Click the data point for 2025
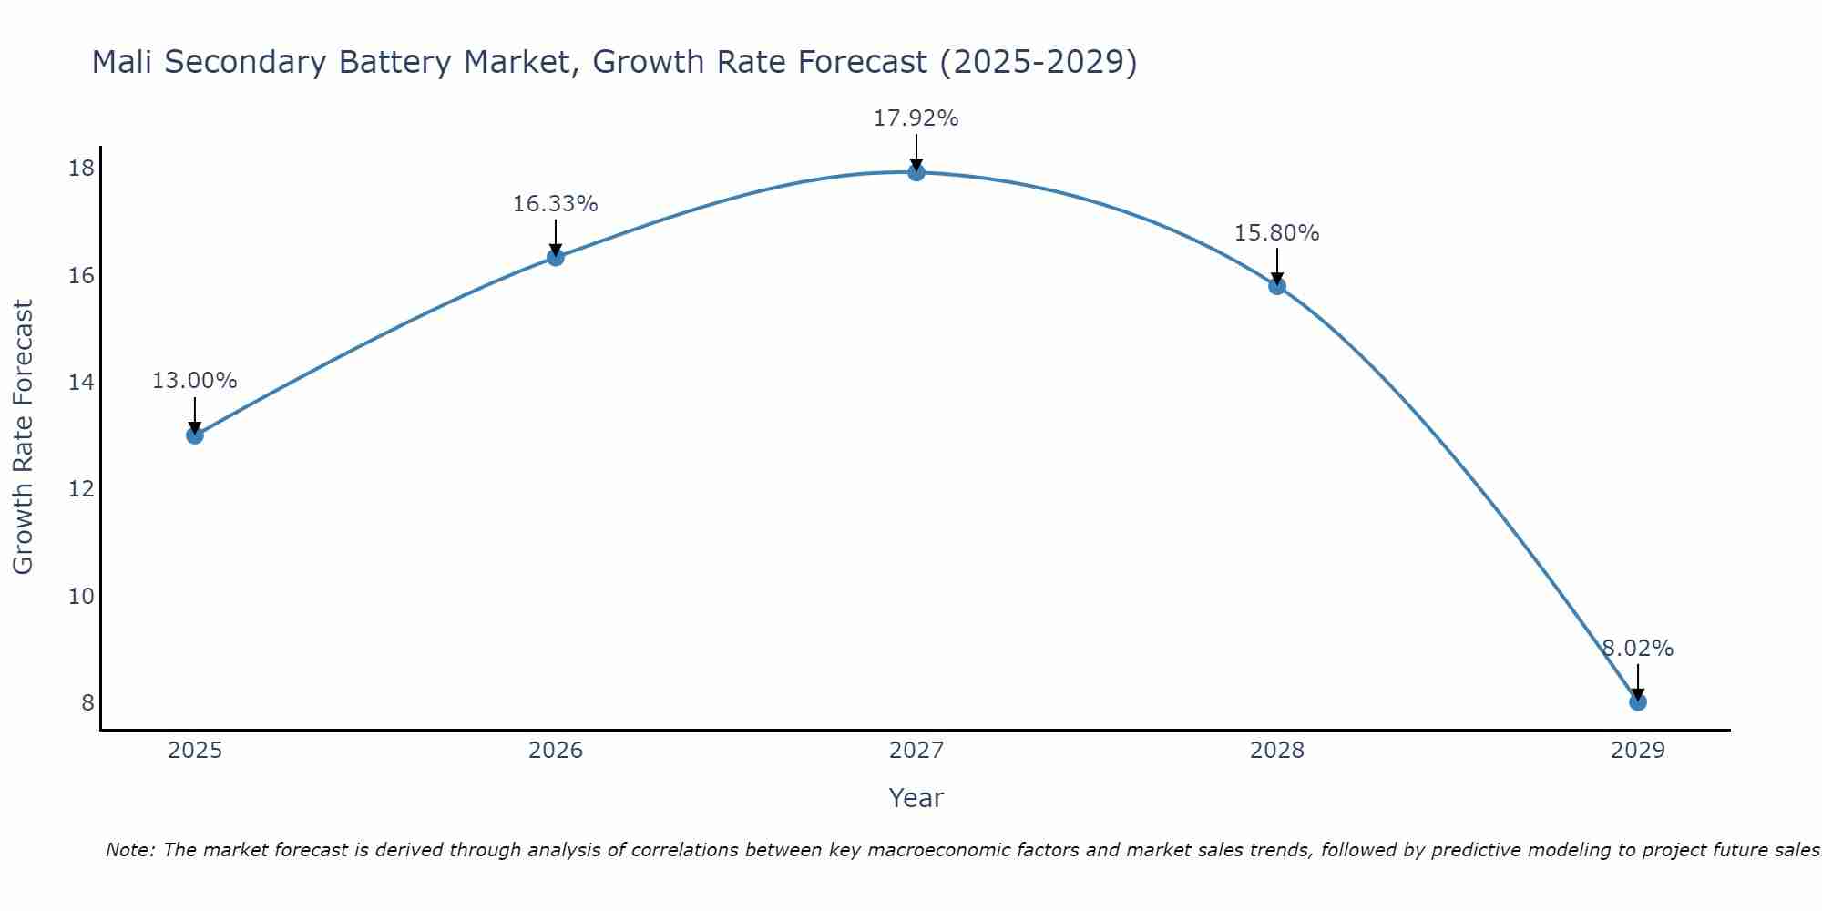coord(194,435)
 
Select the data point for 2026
coord(556,257)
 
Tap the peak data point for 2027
coord(916,172)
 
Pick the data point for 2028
coord(1277,286)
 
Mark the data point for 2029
coord(1637,701)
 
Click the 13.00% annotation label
coord(194,381)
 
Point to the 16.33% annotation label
coord(556,204)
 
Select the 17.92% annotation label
coord(916,118)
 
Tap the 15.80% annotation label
coord(1277,233)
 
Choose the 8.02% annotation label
coord(1638,649)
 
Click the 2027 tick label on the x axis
coord(916,751)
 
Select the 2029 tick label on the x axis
coord(1637,751)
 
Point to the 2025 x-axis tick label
coord(195,751)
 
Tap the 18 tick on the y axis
coord(82,169)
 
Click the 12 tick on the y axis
coord(82,489)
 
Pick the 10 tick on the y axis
coord(82,597)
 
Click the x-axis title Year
coord(916,798)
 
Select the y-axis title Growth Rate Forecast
coord(24,437)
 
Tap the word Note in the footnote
coord(130,850)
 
